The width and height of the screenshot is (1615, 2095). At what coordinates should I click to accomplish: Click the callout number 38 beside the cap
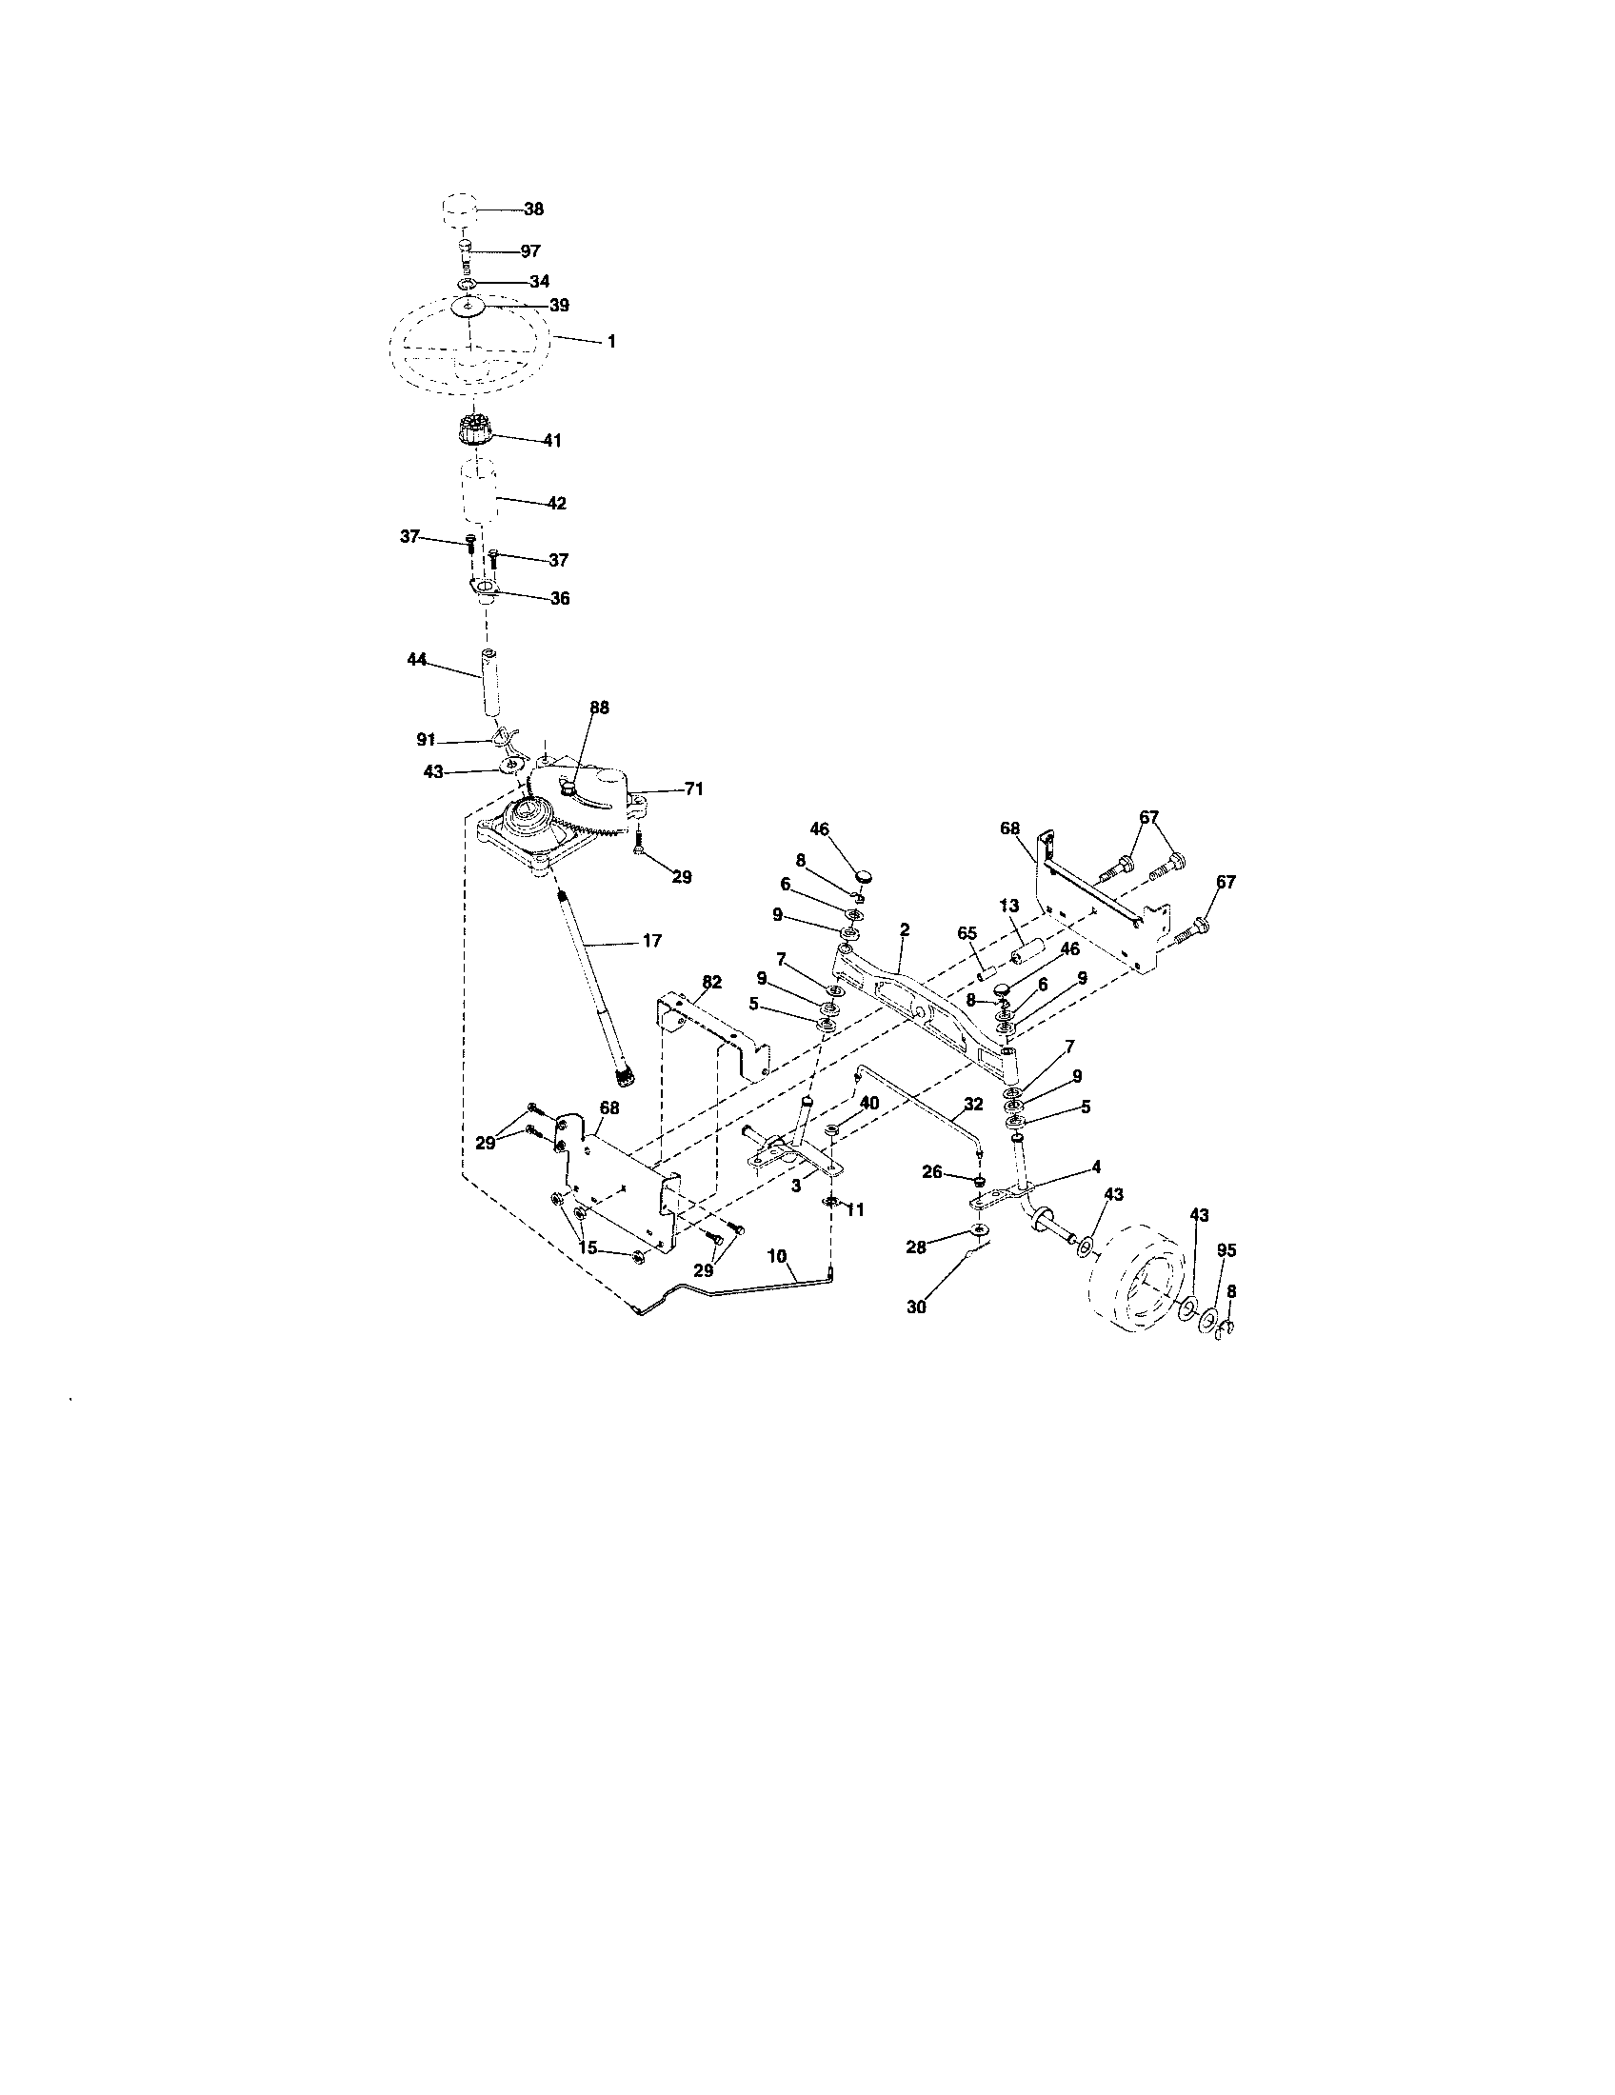tap(533, 209)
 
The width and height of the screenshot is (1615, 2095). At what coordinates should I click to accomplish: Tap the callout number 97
tap(530, 250)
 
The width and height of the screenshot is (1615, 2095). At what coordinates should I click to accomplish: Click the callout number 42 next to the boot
tap(556, 503)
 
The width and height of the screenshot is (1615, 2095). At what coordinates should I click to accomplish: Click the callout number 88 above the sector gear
tap(599, 707)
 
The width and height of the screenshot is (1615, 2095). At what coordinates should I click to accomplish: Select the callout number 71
tap(693, 788)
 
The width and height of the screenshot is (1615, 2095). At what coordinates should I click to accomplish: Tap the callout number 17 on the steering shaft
tap(651, 941)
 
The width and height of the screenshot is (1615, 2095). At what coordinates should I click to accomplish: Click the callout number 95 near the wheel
tap(1226, 1250)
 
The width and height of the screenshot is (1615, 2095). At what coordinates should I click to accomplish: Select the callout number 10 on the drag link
tap(777, 1255)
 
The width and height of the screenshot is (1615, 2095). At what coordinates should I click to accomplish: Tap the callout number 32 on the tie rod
tap(973, 1104)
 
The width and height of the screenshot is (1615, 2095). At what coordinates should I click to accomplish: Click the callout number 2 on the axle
tap(905, 929)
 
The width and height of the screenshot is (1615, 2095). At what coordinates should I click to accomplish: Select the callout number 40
tap(868, 1104)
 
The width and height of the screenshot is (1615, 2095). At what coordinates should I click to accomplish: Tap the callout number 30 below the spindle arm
tap(916, 1307)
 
